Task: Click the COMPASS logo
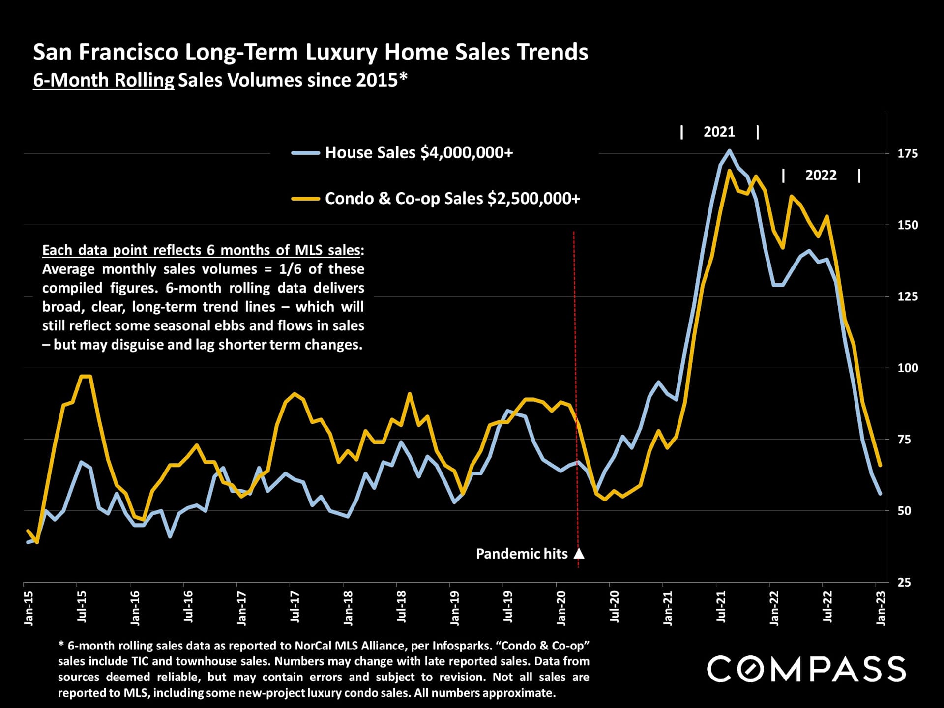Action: point(806,669)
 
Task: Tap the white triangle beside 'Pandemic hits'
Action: point(579,554)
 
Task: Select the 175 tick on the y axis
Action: point(908,153)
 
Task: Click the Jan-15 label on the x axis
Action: point(29,608)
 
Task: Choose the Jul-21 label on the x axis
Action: point(721,607)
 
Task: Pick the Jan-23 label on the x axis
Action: point(881,608)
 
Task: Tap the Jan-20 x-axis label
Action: point(561,608)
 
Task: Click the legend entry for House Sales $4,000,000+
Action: point(418,153)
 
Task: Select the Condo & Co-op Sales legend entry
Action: point(452,199)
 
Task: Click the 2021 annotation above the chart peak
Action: point(719,132)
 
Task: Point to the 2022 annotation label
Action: point(821,175)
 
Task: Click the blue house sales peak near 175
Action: point(729,151)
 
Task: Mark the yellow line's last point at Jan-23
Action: point(880,465)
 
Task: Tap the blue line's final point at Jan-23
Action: point(880,494)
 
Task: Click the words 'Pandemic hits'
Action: point(521,554)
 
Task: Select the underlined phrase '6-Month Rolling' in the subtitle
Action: point(103,80)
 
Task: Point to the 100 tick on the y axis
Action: point(908,368)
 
